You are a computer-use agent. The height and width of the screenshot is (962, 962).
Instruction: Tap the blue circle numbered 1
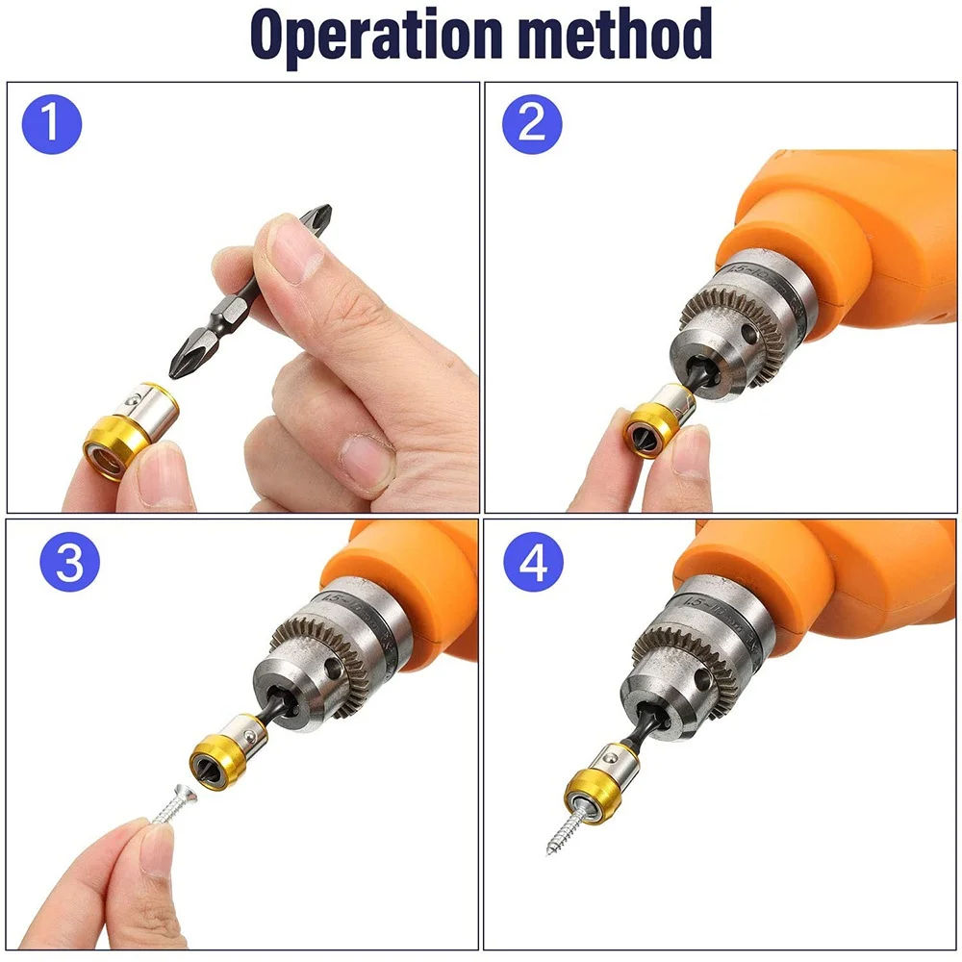pyautogui.click(x=52, y=124)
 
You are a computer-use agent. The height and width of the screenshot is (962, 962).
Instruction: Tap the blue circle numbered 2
pyautogui.click(x=532, y=124)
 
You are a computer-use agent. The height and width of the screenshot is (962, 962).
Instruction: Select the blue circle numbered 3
pyautogui.click(x=69, y=562)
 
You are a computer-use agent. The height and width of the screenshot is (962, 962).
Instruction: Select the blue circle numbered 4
pyautogui.click(x=533, y=562)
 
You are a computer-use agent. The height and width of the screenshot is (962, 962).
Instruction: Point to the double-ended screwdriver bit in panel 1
pyautogui.click(x=250, y=291)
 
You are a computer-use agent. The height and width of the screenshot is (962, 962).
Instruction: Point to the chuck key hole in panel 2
pyautogui.click(x=749, y=333)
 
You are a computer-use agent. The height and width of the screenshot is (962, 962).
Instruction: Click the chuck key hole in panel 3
pyautogui.click(x=333, y=669)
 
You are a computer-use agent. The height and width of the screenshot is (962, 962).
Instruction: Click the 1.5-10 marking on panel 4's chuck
pyautogui.click(x=712, y=607)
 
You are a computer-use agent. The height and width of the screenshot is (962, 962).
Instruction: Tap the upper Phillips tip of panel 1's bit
pyautogui.click(x=318, y=218)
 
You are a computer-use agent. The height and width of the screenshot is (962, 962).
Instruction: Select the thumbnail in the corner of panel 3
pyautogui.click(x=155, y=850)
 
